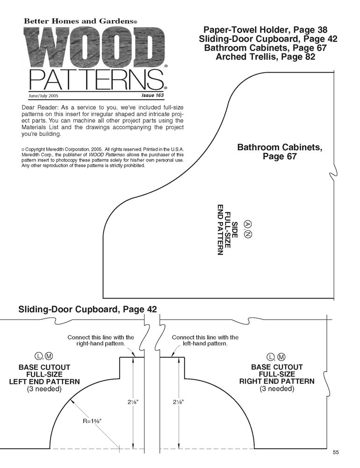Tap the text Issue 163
pyautogui.click(x=153, y=95)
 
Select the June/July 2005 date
pyautogui.click(x=43, y=96)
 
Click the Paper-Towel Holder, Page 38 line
pyautogui.click(x=265, y=30)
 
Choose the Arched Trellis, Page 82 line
pyautogui.click(x=266, y=57)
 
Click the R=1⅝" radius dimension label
pyautogui.click(x=92, y=421)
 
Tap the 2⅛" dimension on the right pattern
pyautogui.click(x=178, y=402)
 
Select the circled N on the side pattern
pyautogui.click(x=248, y=234)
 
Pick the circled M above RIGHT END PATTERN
pyautogui.click(x=281, y=357)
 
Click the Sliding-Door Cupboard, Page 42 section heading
pyautogui.click(x=87, y=309)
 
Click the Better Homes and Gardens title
pyautogui.click(x=80, y=21)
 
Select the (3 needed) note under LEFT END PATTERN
pyautogui.click(x=44, y=389)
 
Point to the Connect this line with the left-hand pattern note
pyautogui.click(x=205, y=340)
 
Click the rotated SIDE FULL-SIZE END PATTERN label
pyautogui.click(x=227, y=229)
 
